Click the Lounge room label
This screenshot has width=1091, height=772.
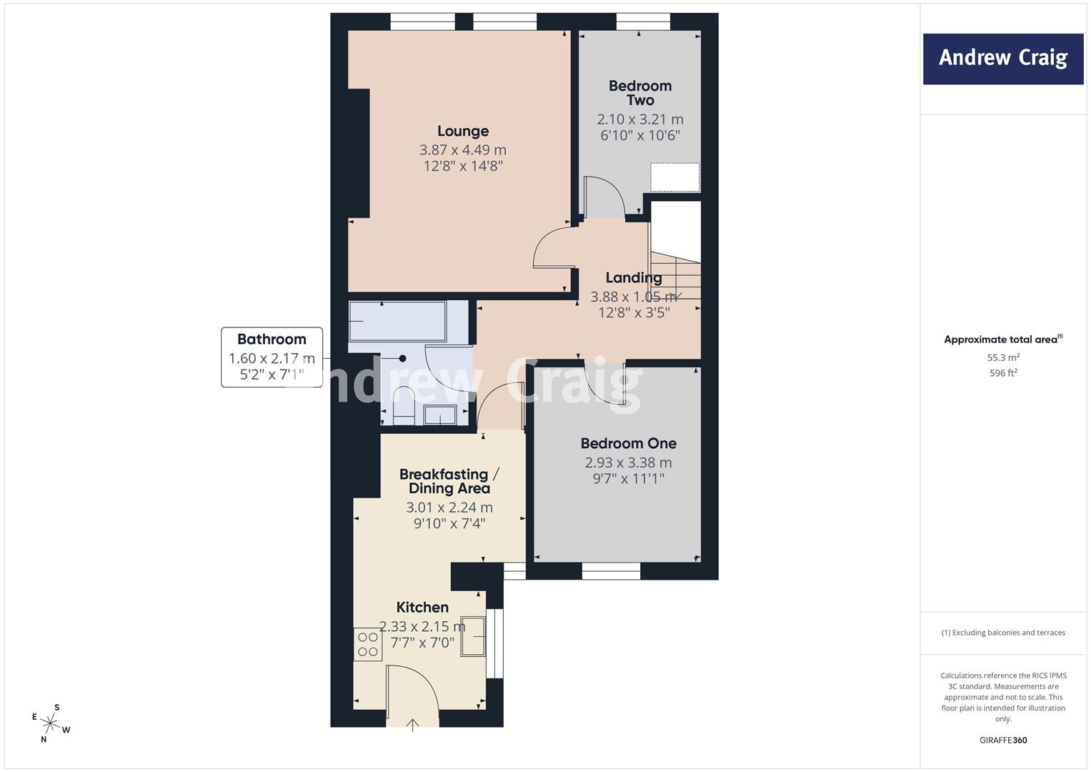click(x=463, y=131)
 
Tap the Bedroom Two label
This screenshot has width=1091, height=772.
click(x=640, y=93)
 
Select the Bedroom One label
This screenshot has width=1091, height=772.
click(x=628, y=443)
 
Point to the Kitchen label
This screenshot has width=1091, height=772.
click(x=422, y=608)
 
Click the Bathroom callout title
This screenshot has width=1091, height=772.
click(x=271, y=340)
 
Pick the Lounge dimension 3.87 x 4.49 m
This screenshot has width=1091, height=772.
click(x=463, y=149)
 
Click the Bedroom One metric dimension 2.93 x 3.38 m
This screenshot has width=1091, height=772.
click(x=628, y=462)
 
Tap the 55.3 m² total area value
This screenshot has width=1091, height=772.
click(x=1003, y=357)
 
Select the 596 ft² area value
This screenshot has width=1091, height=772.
click(x=1003, y=373)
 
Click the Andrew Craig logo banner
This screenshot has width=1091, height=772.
click(x=1003, y=59)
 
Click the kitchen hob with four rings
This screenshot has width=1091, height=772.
click(x=368, y=644)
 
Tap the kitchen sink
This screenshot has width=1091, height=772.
click(x=473, y=636)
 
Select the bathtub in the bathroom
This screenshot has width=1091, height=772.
click(x=397, y=322)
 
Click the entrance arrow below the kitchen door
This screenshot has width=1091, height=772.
click(x=412, y=725)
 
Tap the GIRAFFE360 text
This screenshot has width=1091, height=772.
click(x=1003, y=740)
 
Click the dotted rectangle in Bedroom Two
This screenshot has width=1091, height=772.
click(x=675, y=177)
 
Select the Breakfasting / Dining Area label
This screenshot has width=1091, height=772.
click(x=449, y=482)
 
